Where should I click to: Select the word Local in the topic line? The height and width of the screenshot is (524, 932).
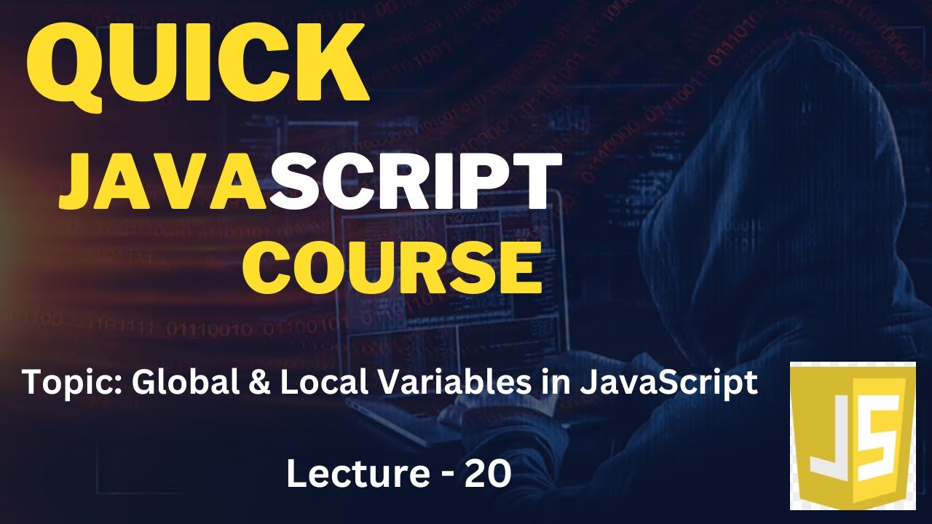tap(313, 381)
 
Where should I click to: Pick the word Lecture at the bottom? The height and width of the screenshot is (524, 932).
tap(357, 475)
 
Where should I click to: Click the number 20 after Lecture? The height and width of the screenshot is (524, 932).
tap(487, 475)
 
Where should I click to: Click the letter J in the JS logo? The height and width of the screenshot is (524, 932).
tap(831, 437)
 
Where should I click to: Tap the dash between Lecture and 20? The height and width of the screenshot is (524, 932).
tap(446, 476)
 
